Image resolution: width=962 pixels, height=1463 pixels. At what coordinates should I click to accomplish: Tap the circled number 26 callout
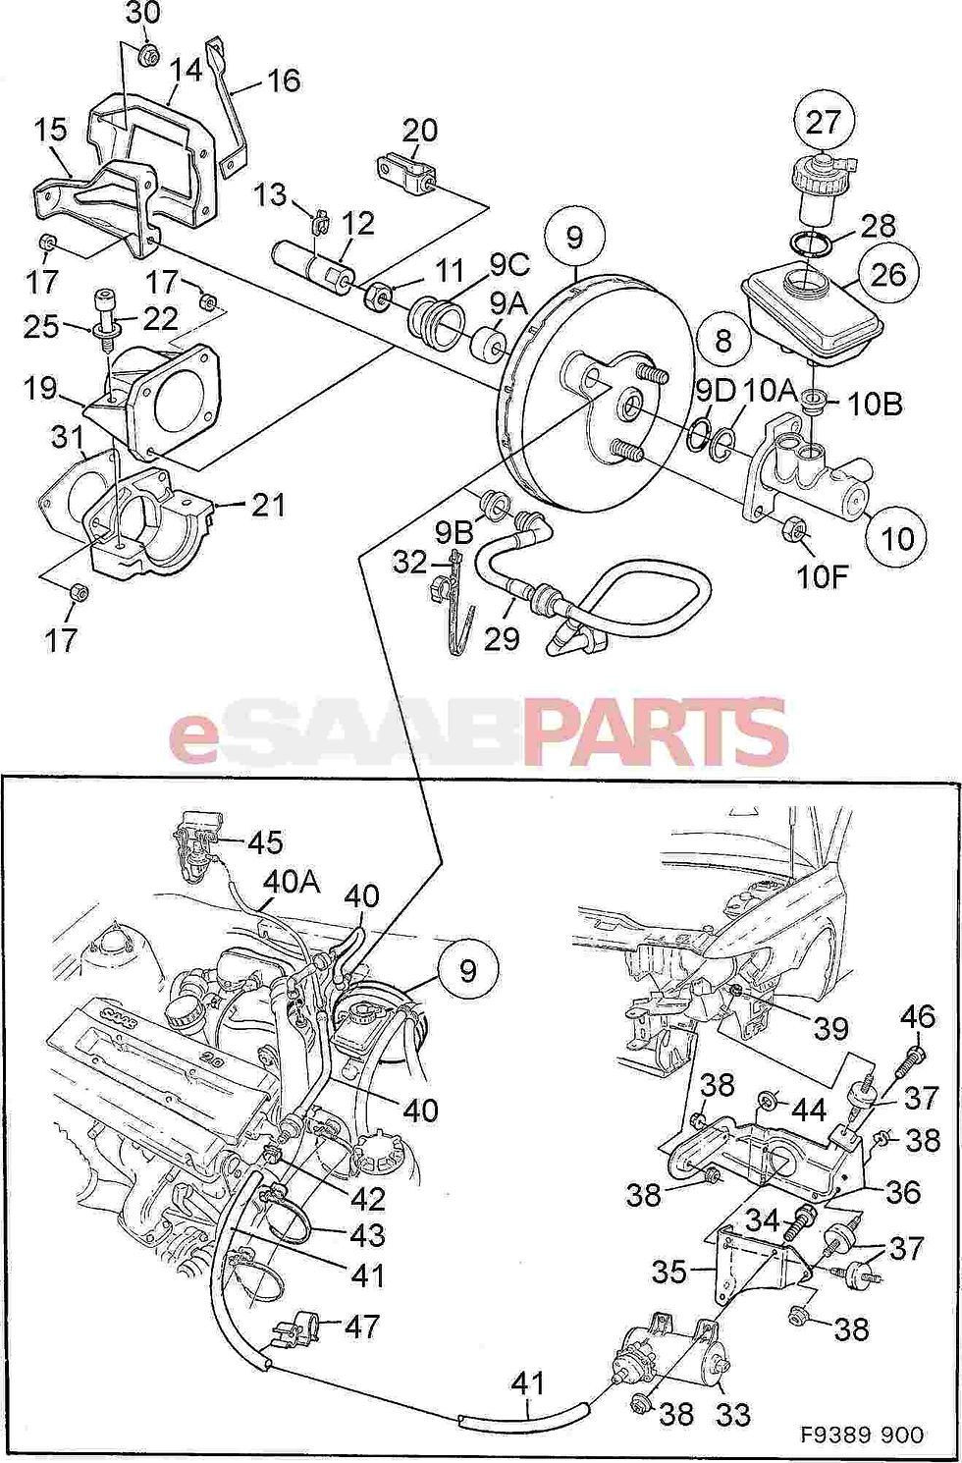tap(888, 273)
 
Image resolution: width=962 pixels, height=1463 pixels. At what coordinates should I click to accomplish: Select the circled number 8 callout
tap(723, 341)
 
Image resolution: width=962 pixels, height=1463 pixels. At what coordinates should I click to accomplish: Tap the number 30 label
tap(143, 15)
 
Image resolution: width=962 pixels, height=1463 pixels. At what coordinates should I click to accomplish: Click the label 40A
tap(291, 883)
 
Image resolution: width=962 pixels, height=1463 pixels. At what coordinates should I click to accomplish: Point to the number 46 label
tap(918, 1016)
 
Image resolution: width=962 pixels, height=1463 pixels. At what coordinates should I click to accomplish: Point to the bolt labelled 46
tap(910, 1059)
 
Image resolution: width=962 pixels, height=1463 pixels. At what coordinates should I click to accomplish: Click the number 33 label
tap(733, 1414)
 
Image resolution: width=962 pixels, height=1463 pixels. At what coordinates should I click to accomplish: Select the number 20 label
tap(420, 130)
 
